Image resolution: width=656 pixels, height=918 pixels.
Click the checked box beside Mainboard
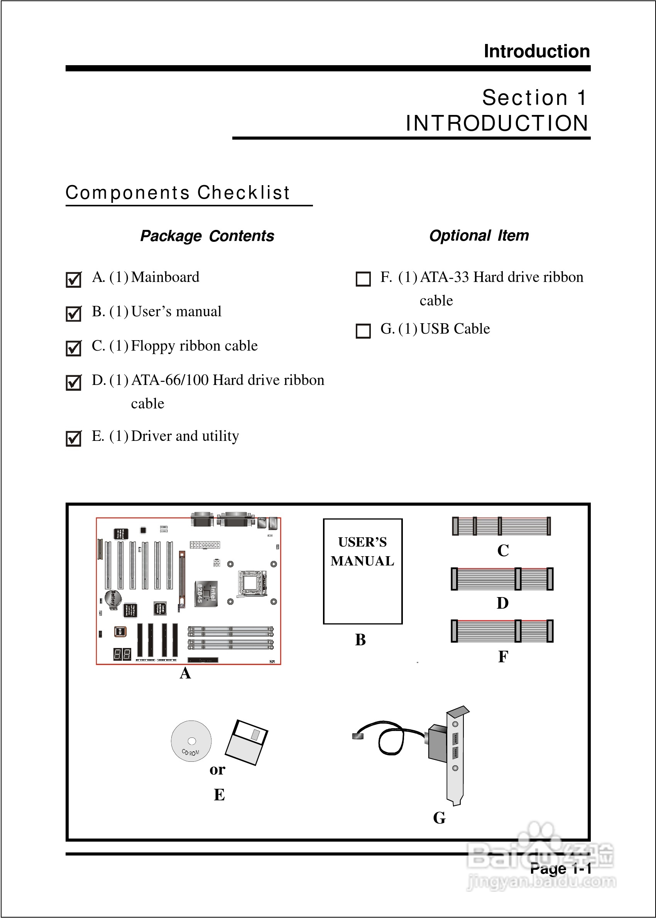click(x=74, y=279)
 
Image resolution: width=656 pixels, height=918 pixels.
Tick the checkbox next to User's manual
click(x=74, y=314)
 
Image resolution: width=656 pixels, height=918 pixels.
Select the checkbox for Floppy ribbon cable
click(x=74, y=348)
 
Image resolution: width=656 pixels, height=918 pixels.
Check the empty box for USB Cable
click(x=363, y=331)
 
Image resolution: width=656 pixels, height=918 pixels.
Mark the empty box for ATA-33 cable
click(x=363, y=279)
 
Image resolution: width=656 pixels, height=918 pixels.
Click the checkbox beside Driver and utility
click(x=74, y=439)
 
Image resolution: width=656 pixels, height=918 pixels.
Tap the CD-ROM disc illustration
click(x=191, y=741)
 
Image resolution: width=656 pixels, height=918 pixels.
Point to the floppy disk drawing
click(x=247, y=742)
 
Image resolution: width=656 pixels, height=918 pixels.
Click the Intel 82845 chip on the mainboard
click(x=206, y=594)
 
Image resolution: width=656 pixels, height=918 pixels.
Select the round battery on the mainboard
click(x=113, y=598)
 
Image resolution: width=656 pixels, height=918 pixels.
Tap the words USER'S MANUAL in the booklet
click(x=362, y=552)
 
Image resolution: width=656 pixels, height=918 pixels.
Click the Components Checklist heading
click(x=178, y=192)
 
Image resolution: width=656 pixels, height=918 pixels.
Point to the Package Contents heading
click(x=207, y=236)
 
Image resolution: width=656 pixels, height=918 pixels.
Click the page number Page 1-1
click(x=560, y=868)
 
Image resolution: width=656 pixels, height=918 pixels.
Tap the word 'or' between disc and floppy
click(x=217, y=769)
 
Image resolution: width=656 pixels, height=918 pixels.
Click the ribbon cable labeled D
click(x=502, y=579)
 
